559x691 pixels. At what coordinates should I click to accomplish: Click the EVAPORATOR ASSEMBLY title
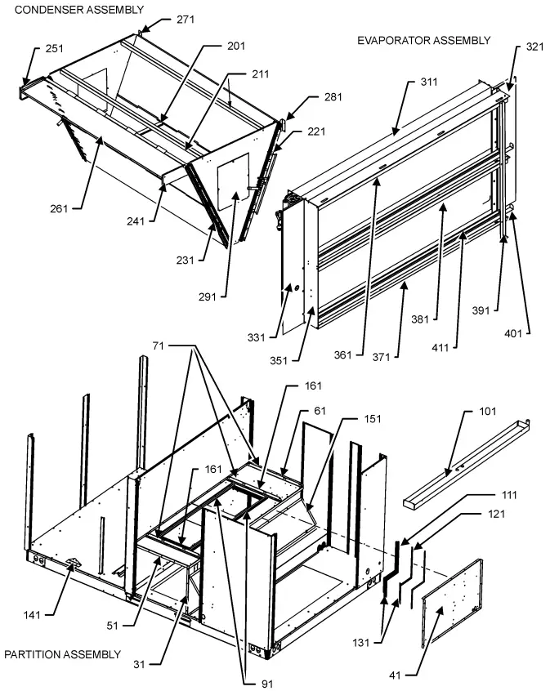(x=423, y=40)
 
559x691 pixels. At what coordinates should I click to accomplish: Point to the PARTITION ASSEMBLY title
(x=62, y=654)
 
